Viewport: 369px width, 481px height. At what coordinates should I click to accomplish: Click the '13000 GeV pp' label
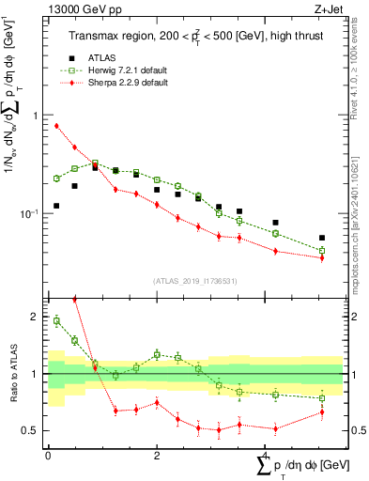[x=78, y=11]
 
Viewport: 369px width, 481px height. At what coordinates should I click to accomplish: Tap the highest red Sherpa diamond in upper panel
[x=56, y=126]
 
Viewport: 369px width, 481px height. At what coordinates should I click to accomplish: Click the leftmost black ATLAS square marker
[x=56, y=206]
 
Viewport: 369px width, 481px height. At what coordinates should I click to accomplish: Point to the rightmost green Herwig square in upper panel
[x=322, y=251]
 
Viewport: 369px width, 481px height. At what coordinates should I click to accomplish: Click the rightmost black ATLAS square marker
[x=322, y=238]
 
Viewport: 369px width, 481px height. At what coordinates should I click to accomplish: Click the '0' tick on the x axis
[x=48, y=455]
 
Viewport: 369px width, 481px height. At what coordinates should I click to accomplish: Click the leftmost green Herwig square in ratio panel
[x=56, y=320]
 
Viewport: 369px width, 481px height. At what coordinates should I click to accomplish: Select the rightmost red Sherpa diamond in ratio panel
[x=322, y=411]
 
